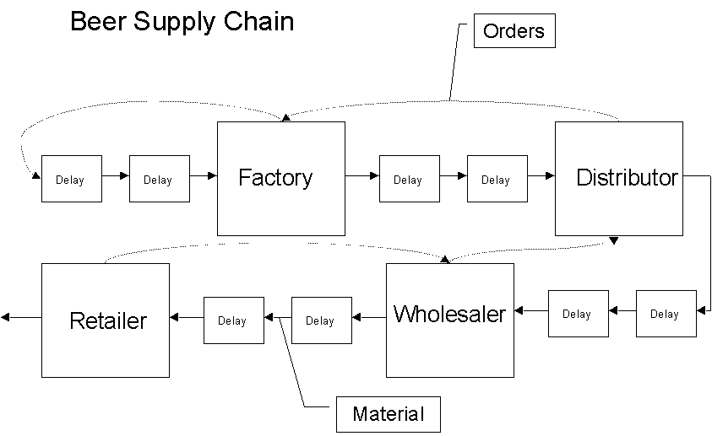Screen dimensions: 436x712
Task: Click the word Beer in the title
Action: (x=95, y=21)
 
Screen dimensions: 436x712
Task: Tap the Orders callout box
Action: (x=514, y=32)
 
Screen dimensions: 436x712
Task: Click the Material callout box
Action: (x=388, y=414)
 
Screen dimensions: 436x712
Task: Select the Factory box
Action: (x=280, y=178)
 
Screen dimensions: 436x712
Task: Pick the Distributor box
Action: (x=618, y=178)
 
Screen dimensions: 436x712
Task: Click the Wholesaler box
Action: (x=449, y=320)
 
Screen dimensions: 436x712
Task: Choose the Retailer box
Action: (x=106, y=320)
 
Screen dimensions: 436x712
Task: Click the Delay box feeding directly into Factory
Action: (x=159, y=179)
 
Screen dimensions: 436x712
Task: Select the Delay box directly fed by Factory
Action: (x=409, y=179)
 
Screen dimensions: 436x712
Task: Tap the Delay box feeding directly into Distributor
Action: (x=497, y=179)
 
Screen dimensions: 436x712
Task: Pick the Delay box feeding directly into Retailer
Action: (x=233, y=320)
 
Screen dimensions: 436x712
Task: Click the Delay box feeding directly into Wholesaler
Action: (x=578, y=314)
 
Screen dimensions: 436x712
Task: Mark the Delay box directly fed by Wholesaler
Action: (x=321, y=320)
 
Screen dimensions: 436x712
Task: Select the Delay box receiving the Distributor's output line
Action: (x=666, y=314)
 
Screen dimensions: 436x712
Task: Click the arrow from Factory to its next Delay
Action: (x=362, y=175)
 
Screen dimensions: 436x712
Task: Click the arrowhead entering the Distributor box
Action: (x=549, y=175)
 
